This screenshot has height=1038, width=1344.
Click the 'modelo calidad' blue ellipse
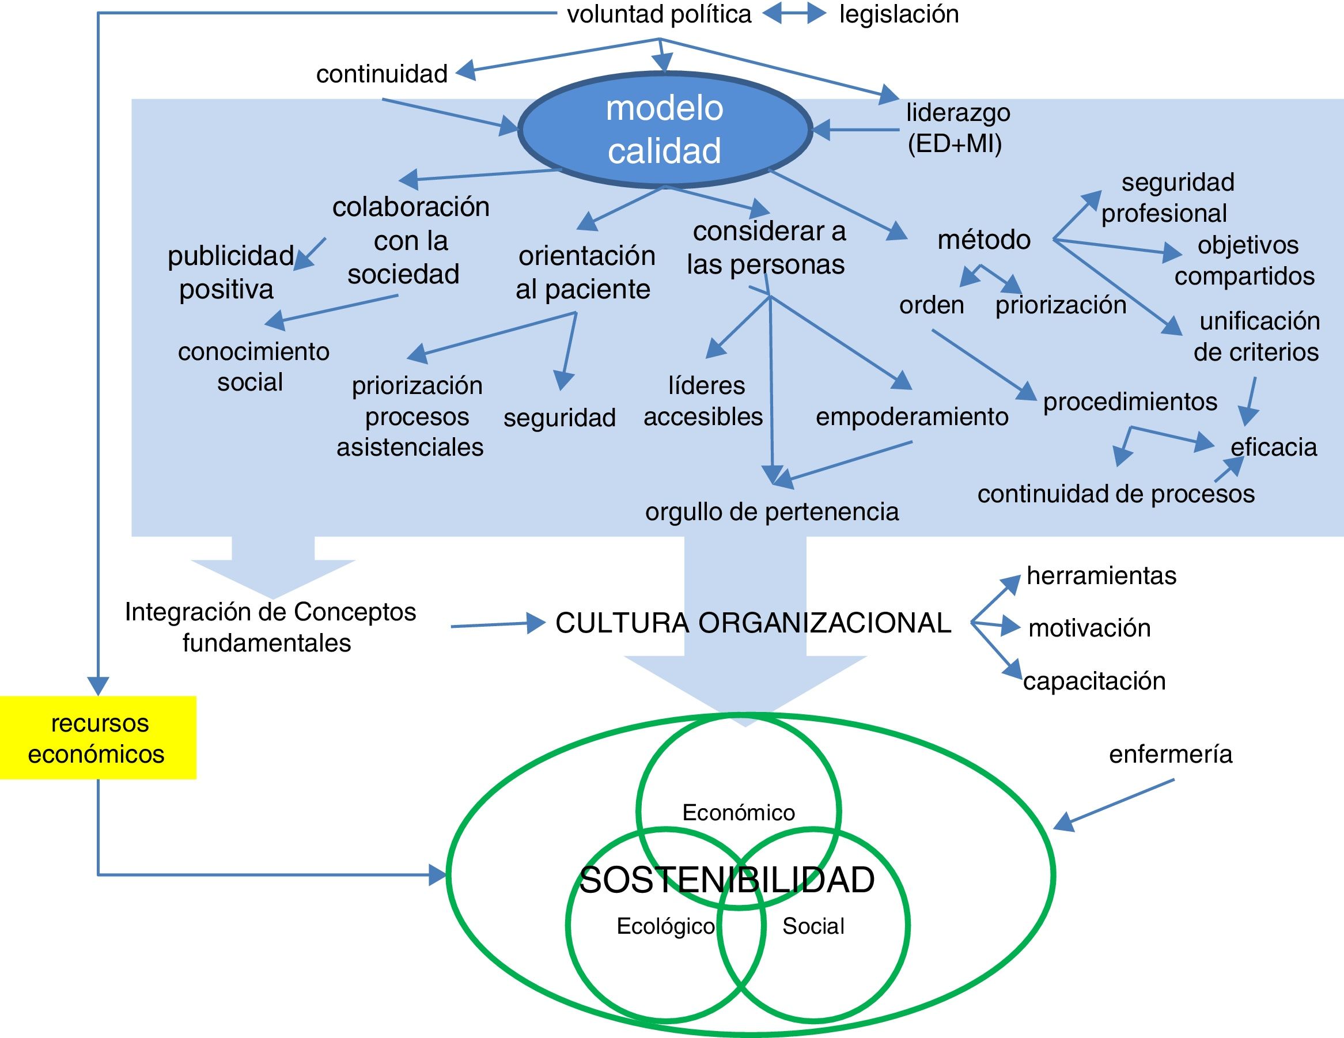(665, 130)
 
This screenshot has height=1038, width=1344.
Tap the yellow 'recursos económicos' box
(97, 738)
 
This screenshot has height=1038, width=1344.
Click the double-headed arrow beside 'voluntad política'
(794, 13)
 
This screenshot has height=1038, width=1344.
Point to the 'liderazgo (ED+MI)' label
(957, 128)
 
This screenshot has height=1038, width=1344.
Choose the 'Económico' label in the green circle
(739, 813)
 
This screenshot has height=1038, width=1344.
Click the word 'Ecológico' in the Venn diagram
(665, 926)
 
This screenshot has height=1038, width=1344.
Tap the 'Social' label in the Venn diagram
(813, 926)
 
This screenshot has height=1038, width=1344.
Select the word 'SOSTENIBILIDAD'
(727, 880)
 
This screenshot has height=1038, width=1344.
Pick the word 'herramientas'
(1101, 576)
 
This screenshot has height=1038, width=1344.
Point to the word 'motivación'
(1089, 628)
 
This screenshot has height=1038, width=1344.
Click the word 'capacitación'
(1094, 681)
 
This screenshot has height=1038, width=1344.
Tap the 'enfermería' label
(1171, 755)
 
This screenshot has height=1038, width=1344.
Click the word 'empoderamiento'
(912, 417)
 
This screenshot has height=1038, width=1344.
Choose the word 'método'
(984, 240)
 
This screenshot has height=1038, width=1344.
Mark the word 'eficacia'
(1273, 448)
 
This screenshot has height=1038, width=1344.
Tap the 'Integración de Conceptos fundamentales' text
(270, 627)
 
